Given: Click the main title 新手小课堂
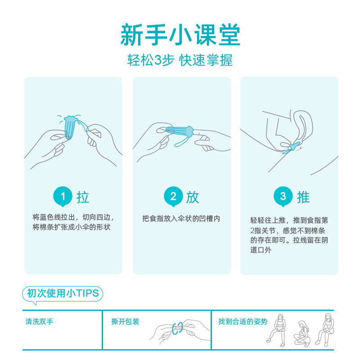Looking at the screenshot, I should tap(180, 35).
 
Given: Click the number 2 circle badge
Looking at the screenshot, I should tap(173, 196).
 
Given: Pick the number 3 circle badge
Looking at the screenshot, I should tap(283, 196).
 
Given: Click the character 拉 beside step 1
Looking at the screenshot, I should tap(83, 197).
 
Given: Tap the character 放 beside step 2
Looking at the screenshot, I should tap(193, 197).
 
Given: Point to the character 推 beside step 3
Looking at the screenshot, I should tap(303, 197).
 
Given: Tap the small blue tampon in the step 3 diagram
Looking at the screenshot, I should tap(293, 146).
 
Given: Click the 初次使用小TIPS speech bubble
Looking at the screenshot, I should tap(63, 294).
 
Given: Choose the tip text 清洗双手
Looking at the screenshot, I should tap(40, 322).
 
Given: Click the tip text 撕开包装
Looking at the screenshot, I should tap(125, 322).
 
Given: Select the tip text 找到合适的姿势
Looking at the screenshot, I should tap(243, 322).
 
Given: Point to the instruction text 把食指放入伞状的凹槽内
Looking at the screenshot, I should tap(181, 219).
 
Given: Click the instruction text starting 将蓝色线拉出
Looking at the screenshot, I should tap(72, 222).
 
